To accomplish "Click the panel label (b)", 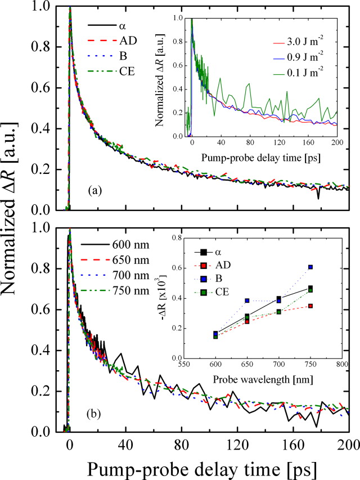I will click(x=93, y=416).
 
